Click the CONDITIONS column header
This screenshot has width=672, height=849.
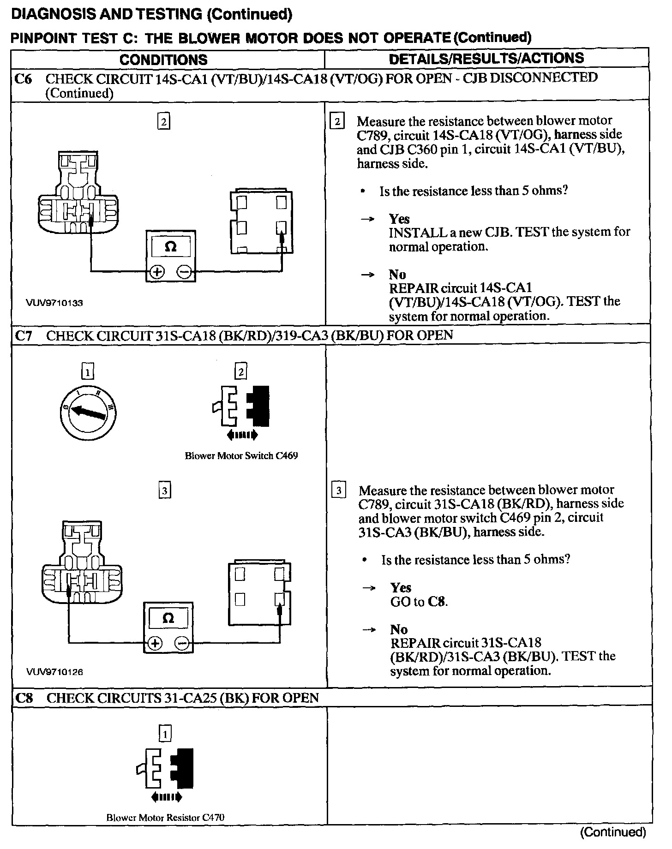[163, 60]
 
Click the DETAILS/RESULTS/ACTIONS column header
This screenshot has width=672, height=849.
[486, 58]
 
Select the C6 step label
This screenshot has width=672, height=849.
[23, 79]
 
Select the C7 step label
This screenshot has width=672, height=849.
[24, 335]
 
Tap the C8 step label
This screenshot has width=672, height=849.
[24, 698]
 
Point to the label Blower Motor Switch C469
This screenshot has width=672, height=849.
[241, 456]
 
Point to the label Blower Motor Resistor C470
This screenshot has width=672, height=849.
[165, 818]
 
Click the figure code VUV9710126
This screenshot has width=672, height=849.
[54, 672]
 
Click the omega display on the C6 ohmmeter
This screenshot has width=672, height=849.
[170, 247]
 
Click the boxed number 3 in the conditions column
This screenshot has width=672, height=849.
[164, 490]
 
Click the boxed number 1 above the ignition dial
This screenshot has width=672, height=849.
[87, 371]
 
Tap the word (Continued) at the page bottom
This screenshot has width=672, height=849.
[612, 832]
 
